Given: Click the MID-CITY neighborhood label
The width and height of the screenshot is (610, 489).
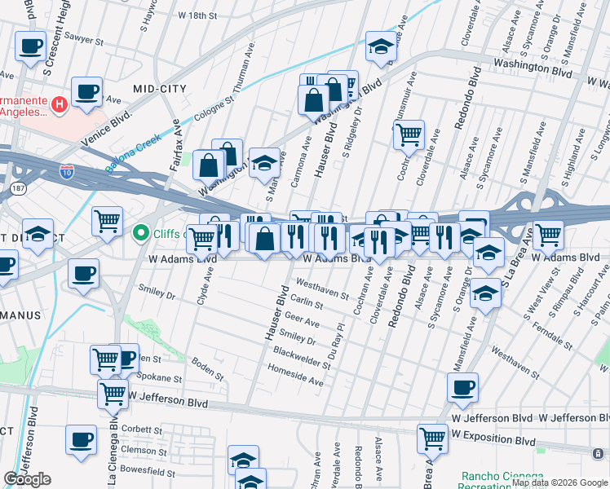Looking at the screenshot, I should coord(160,88).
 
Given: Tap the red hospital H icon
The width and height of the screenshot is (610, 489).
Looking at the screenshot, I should coord(59,104).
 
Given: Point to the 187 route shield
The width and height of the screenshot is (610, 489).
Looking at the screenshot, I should coord(17,189).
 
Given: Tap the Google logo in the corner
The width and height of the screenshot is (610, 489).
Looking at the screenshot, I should coord(28,479).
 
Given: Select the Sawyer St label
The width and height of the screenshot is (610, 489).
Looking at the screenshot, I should coord(82,37).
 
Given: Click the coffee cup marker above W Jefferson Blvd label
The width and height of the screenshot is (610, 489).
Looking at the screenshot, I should coord(463,388).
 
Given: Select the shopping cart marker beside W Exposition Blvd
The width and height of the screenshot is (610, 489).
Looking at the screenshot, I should coord(432,438).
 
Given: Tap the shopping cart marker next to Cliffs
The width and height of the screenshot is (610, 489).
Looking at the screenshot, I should coord(108,222).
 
